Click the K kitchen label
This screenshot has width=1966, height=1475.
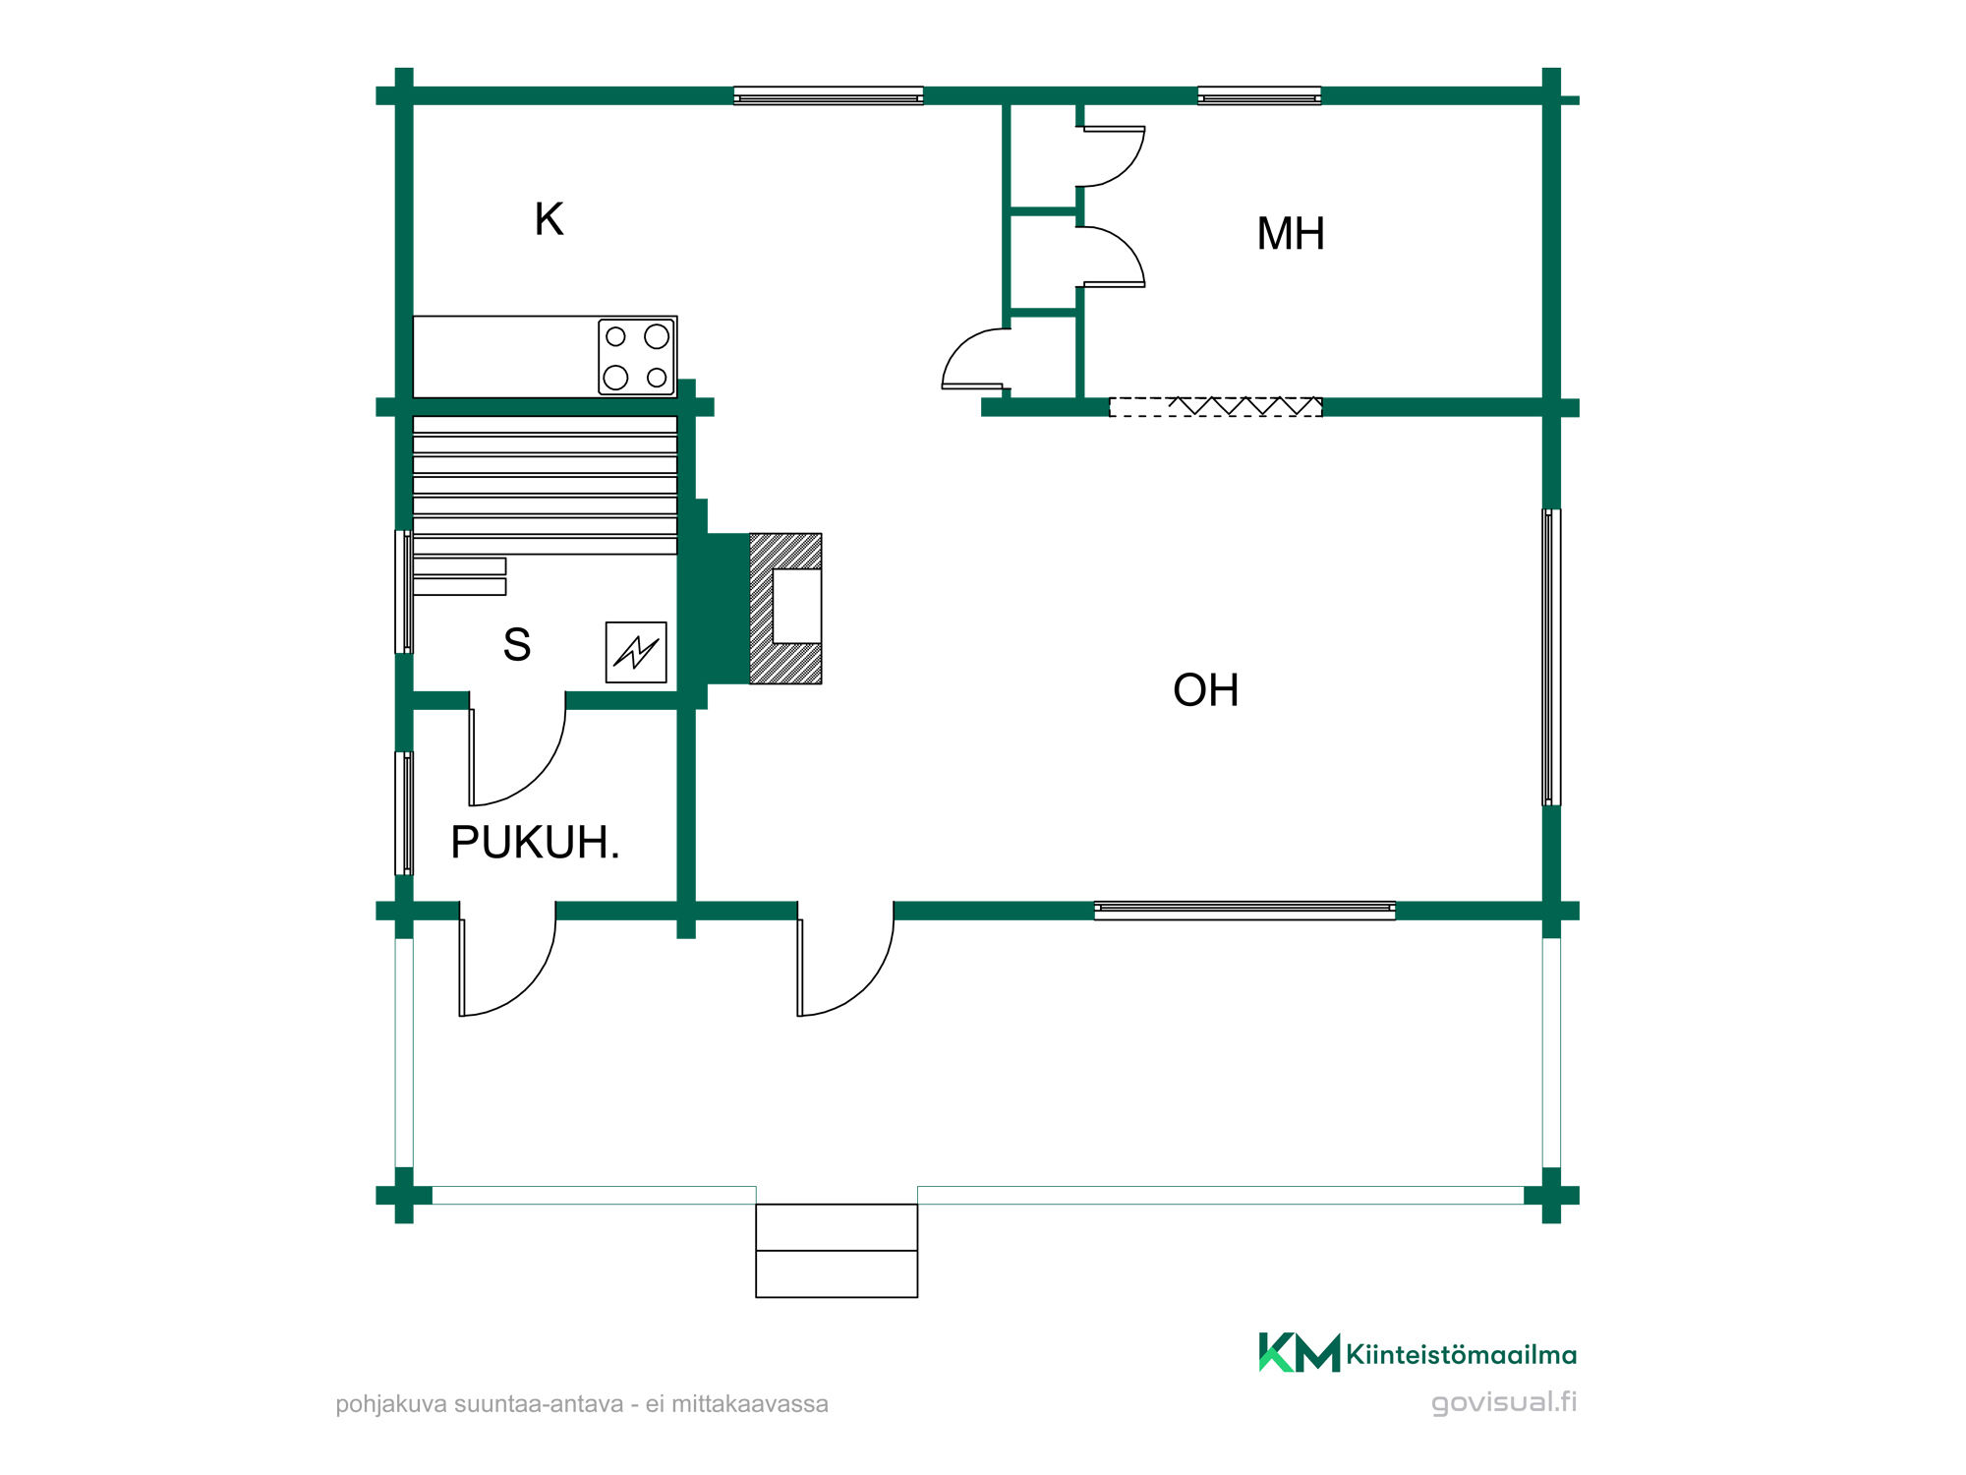tap(549, 219)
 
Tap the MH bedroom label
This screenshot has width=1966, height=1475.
tap(1291, 234)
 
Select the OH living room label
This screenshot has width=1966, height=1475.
tap(1205, 690)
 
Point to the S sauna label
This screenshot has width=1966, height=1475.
tap(517, 645)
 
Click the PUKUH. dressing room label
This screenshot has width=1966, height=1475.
tap(536, 843)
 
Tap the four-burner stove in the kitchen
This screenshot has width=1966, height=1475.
tap(637, 357)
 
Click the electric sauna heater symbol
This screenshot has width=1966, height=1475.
tap(636, 652)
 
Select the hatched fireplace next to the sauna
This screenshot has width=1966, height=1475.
tap(785, 609)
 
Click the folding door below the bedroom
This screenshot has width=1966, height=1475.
tap(1216, 407)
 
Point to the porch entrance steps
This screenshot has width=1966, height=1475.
tap(837, 1251)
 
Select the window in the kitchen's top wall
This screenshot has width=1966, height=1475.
tap(829, 95)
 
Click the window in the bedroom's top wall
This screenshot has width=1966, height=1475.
tap(1259, 95)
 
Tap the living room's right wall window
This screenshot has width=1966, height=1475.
tap(1551, 657)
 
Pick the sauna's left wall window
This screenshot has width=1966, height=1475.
tap(404, 592)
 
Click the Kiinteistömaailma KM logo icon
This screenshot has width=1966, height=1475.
tap(1299, 1352)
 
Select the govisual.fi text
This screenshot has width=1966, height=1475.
tap(1504, 1402)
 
